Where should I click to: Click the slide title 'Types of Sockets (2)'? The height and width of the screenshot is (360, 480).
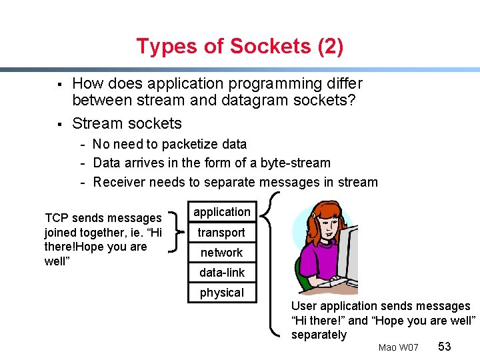coord(239,47)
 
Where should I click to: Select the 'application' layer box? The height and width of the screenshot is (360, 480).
coord(222,212)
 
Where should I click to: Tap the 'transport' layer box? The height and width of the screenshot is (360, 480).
coord(221,233)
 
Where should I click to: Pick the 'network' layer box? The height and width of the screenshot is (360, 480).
coord(221,253)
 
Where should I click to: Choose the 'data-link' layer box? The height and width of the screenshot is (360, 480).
coord(221,273)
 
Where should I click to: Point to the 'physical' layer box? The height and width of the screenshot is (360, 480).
coord(221,293)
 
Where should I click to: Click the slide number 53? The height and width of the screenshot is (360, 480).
coord(445,347)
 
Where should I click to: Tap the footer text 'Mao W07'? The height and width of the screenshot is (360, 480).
coord(398,347)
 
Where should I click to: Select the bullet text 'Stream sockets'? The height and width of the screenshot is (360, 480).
coord(127,123)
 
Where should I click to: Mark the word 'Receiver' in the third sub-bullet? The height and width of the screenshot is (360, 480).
coord(119,182)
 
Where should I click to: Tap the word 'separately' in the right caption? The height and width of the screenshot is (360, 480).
coord(319,335)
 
